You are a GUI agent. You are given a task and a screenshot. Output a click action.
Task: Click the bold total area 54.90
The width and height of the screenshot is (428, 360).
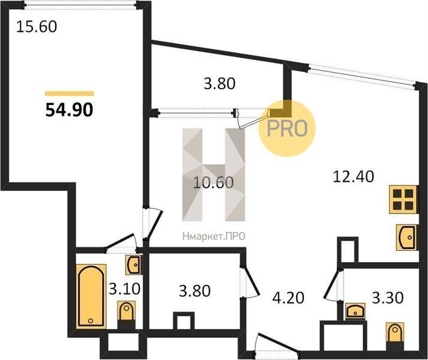click(x=69, y=110)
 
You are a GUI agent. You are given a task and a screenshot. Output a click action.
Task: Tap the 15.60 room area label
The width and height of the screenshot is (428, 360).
click(x=37, y=27)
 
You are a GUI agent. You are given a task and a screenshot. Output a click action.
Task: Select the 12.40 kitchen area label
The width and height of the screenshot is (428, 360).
click(x=354, y=176)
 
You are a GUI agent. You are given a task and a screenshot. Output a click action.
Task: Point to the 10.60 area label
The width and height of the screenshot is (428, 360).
click(x=213, y=182)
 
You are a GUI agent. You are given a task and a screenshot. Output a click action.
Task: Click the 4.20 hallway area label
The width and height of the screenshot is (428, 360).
click(x=288, y=298)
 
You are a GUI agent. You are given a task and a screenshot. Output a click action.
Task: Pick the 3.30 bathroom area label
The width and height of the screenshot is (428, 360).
click(x=388, y=298)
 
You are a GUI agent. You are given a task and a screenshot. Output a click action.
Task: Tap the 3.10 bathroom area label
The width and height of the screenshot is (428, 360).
click(x=125, y=289)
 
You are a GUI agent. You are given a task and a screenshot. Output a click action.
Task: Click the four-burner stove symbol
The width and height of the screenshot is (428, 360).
click(x=403, y=199)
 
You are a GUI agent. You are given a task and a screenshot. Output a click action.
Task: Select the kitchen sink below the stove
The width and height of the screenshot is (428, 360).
click(x=406, y=238)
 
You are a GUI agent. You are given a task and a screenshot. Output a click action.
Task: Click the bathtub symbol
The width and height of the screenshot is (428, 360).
click(x=91, y=296)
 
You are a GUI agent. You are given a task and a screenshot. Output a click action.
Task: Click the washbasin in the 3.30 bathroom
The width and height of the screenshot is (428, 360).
click(x=355, y=311)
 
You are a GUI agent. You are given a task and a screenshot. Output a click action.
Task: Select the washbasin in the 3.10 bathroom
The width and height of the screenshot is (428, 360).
click(x=134, y=265)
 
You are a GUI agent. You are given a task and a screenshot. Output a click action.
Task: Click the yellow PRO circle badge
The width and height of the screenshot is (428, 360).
click(x=287, y=128)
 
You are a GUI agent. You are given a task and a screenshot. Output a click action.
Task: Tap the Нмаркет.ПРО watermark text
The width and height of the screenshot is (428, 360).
click(x=214, y=236)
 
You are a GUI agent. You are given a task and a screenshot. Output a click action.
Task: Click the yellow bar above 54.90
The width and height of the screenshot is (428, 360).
click(x=70, y=94)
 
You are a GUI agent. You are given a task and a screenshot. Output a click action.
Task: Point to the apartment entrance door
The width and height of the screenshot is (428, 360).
click(x=276, y=345)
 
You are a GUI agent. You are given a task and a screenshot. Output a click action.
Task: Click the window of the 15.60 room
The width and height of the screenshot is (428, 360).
click(x=80, y=5)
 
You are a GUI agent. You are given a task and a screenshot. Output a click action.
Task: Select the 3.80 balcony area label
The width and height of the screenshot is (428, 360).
click(x=219, y=83)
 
